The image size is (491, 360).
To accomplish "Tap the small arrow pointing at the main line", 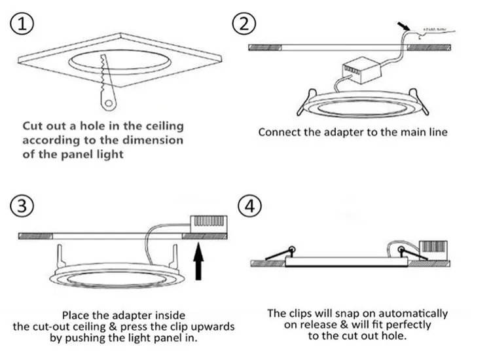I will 404,27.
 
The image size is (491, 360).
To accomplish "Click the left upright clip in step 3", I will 60,255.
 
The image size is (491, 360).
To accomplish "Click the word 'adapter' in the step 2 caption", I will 334,132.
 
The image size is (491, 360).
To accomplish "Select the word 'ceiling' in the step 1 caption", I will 162,126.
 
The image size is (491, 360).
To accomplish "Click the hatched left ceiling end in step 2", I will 264,47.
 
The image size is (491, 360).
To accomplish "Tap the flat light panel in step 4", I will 347,262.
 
